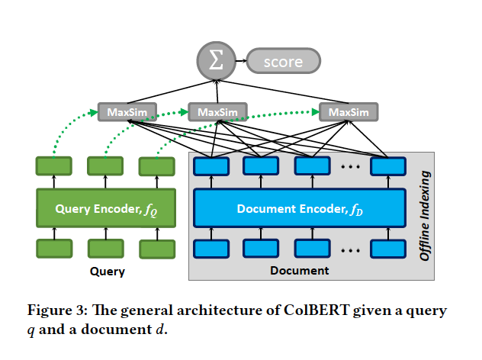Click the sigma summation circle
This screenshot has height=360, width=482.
coord(217,62)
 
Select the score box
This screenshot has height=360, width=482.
coord(283,62)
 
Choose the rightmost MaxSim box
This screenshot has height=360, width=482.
coord(349,112)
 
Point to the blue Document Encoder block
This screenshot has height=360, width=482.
coord(297,207)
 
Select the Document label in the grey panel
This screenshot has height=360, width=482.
coord(299,271)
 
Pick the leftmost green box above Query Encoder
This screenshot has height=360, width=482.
coord(53,166)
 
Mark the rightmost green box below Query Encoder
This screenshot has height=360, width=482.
coord(155,248)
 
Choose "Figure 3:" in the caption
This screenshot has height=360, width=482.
coord(56,310)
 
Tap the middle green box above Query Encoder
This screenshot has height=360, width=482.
coord(104,166)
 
